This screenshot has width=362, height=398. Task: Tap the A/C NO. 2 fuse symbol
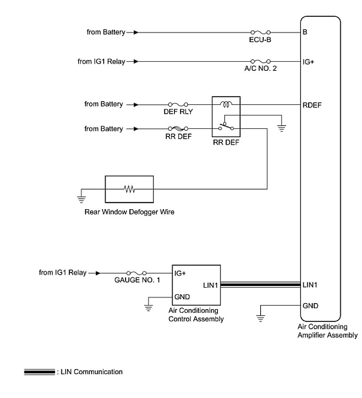coord(260,62)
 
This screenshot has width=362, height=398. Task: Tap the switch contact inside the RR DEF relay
coord(226,128)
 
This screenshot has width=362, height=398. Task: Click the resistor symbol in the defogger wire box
coord(129,189)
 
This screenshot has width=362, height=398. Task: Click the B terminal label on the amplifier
coord(305,32)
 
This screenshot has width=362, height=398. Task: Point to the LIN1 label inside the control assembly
coord(211,285)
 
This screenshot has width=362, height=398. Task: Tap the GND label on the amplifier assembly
coord(311,306)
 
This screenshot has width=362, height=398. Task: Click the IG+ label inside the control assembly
coord(180,274)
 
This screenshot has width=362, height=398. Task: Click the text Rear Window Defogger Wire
coord(129,212)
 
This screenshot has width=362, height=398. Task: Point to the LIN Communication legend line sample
coord(39,372)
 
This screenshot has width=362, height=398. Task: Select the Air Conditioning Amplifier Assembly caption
coord(327,331)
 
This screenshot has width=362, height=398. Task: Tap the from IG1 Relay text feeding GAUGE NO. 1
coord(62,273)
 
